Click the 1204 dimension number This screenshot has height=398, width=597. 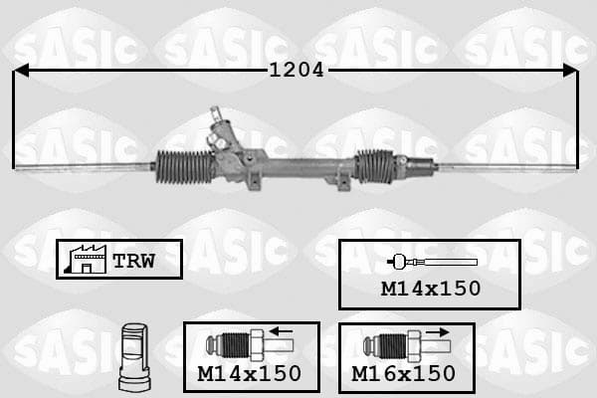point(297,70)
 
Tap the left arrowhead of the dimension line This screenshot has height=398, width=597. point(21,71)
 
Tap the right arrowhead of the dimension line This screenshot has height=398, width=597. point(570,71)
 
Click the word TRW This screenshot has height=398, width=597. point(133,261)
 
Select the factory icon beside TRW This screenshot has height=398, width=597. point(86,259)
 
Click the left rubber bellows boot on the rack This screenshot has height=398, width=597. point(185,167)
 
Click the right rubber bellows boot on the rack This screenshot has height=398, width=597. point(375,166)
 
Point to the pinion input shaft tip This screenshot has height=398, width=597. point(215,110)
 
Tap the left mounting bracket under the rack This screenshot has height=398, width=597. point(254,180)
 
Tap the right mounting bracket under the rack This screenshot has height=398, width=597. point(343,182)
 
